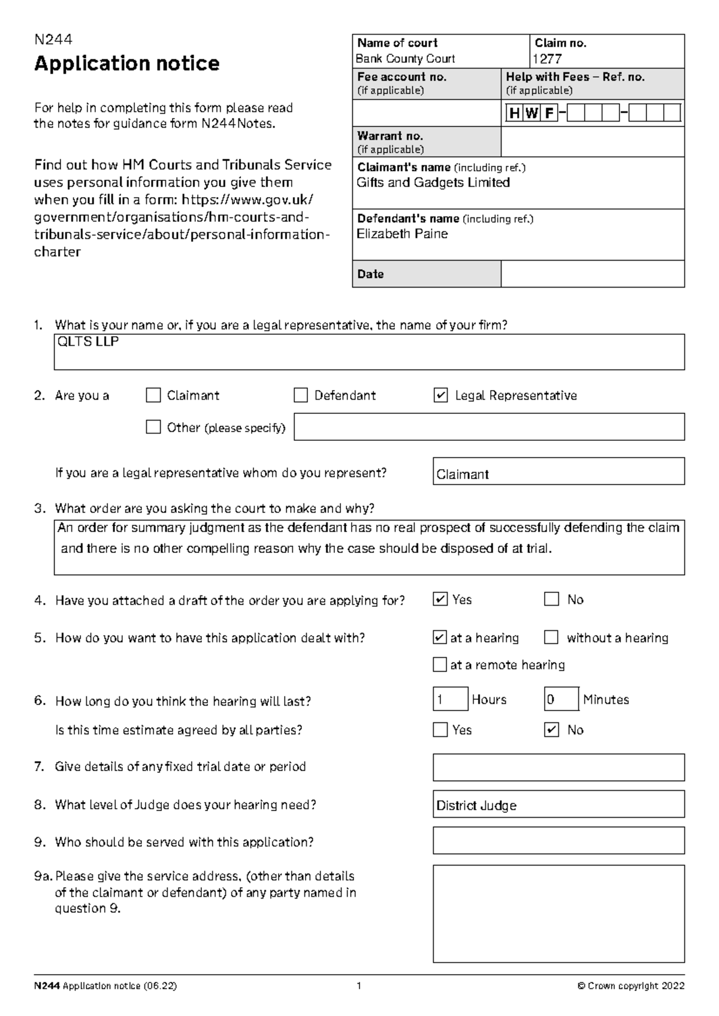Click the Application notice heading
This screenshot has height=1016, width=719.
pyautogui.click(x=126, y=63)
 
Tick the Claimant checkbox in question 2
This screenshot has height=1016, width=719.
pyautogui.click(x=153, y=395)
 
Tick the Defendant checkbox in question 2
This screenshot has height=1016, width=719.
pyautogui.click(x=300, y=395)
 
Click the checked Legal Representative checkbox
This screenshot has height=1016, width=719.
pyautogui.click(x=440, y=395)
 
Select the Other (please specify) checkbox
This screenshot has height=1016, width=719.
pyautogui.click(x=153, y=427)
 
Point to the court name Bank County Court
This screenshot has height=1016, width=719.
pyautogui.click(x=406, y=59)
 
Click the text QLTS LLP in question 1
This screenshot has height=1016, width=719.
pyautogui.click(x=87, y=342)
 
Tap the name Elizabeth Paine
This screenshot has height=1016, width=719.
pyautogui.click(x=402, y=234)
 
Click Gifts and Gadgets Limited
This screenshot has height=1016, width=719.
pyautogui.click(x=433, y=183)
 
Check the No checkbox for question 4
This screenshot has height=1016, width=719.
pyautogui.click(x=551, y=599)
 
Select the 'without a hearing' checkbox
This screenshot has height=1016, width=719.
pyautogui.click(x=551, y=637)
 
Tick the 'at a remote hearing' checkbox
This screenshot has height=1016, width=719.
pyautogui.click(x=440, y=664)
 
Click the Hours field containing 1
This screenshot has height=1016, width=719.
pyautogui.click(x=450, y=699)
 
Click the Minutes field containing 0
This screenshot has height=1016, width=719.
pyautogui.click(x=561, y=699)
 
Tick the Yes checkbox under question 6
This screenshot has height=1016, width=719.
pyautogui.click(x=440, y=730)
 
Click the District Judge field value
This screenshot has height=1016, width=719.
pyautogui.click(x=476, y=806)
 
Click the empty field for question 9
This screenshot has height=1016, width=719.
pyautogui.click(x=558, y=840)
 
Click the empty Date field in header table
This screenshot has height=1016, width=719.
pyautogui.click(x=592, y=274)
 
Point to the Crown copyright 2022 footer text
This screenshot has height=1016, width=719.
pyautogui.click(x=630, y=986)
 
